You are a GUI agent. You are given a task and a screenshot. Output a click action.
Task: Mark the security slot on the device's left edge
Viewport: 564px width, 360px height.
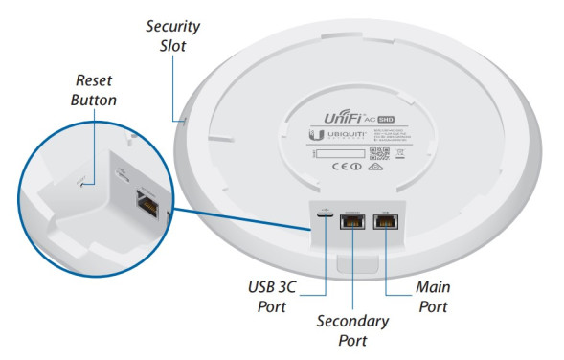click(x=185, y=122)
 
